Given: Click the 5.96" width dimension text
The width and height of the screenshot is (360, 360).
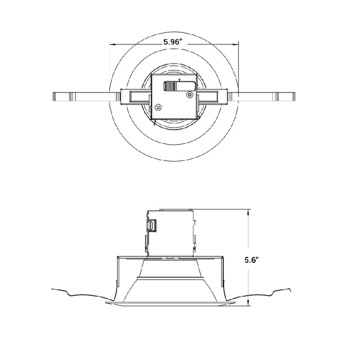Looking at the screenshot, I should click(x=174, y=43).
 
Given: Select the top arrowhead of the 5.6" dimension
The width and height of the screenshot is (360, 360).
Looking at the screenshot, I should click(x=248, y=211).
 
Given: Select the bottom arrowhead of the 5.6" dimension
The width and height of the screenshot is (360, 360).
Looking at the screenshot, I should click(x=248, y=304).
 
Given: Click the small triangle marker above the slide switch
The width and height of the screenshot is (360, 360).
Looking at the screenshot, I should click(x=178, y=80).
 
